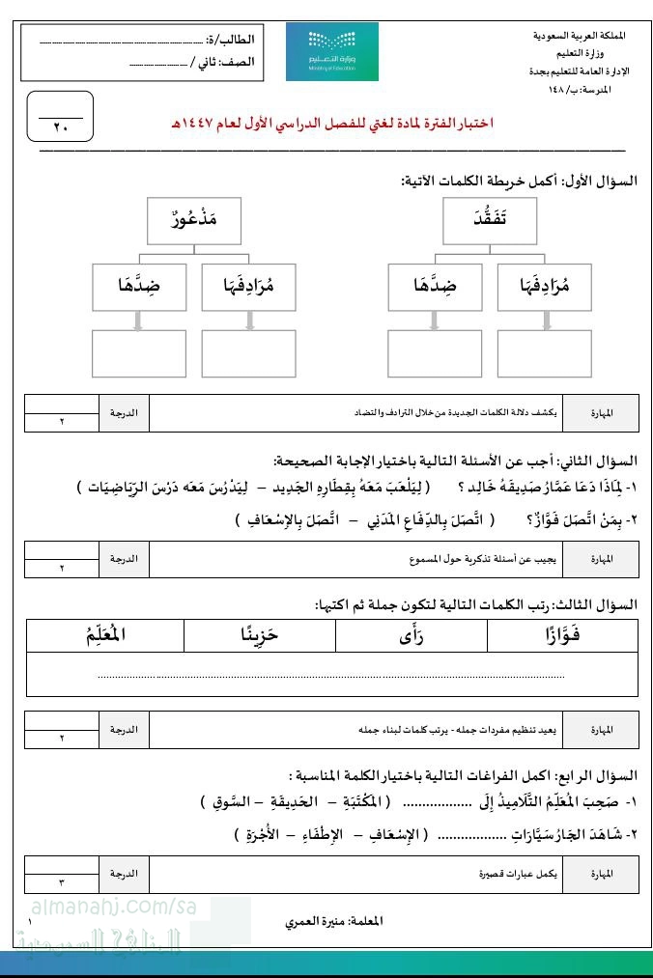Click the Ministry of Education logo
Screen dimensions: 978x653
coord(332,52)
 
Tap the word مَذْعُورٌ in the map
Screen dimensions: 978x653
coord(193,220)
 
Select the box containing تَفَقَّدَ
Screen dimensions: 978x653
coord(489,220)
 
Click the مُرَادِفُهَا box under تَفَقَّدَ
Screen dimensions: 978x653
coord(545,286)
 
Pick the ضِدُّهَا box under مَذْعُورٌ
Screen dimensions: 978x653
coord(138,286)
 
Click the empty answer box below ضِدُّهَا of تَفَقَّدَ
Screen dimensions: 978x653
coord(434,352)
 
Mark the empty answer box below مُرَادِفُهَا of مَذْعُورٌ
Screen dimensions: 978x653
coord(249,352)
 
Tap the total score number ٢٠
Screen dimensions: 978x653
coord(61,127)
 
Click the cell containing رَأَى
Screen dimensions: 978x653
coord(412,635)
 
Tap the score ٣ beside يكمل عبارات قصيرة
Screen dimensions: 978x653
coord(61,882)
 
